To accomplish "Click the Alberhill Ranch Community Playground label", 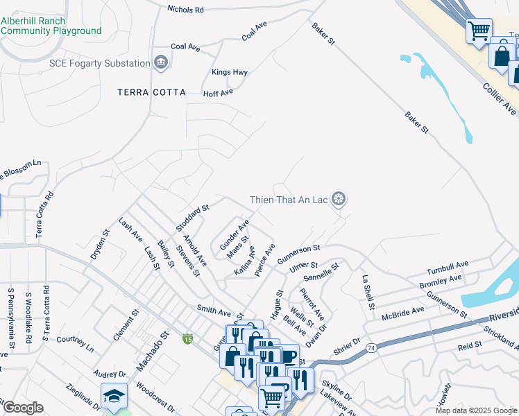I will pos(51,26).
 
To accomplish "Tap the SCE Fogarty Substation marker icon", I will pos(161,63).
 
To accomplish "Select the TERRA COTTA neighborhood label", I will pos(151,92).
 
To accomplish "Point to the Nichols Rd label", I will pos(186,10).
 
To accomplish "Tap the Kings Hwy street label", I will pos(230,72).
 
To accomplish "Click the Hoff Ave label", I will pos(217,92).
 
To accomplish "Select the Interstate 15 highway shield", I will pos(187,338).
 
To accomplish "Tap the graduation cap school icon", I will pos(113,395).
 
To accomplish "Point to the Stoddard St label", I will pos(192,218).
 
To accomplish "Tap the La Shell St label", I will pos(368,292).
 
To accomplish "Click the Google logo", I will pos(23,408).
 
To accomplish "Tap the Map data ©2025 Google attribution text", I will pos(476,410).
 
